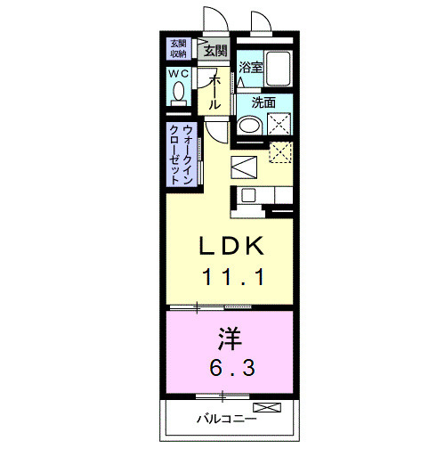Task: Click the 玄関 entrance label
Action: [x=215, y=51]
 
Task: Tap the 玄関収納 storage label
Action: [x=179, y=50]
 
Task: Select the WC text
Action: [x=180, y=74]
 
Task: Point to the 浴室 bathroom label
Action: [x=249, y=67]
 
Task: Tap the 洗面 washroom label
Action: [x=263, y=102]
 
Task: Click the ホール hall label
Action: [x=215, y=93]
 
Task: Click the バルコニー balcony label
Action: [x=226, y=418]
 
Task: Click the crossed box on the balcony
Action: [x=272, y=409]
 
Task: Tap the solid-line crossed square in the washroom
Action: [x=281, y=125]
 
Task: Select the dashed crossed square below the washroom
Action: [x=281, y=152]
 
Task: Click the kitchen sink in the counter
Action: [x=248, y=195]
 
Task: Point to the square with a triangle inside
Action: [x=245, y=167]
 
